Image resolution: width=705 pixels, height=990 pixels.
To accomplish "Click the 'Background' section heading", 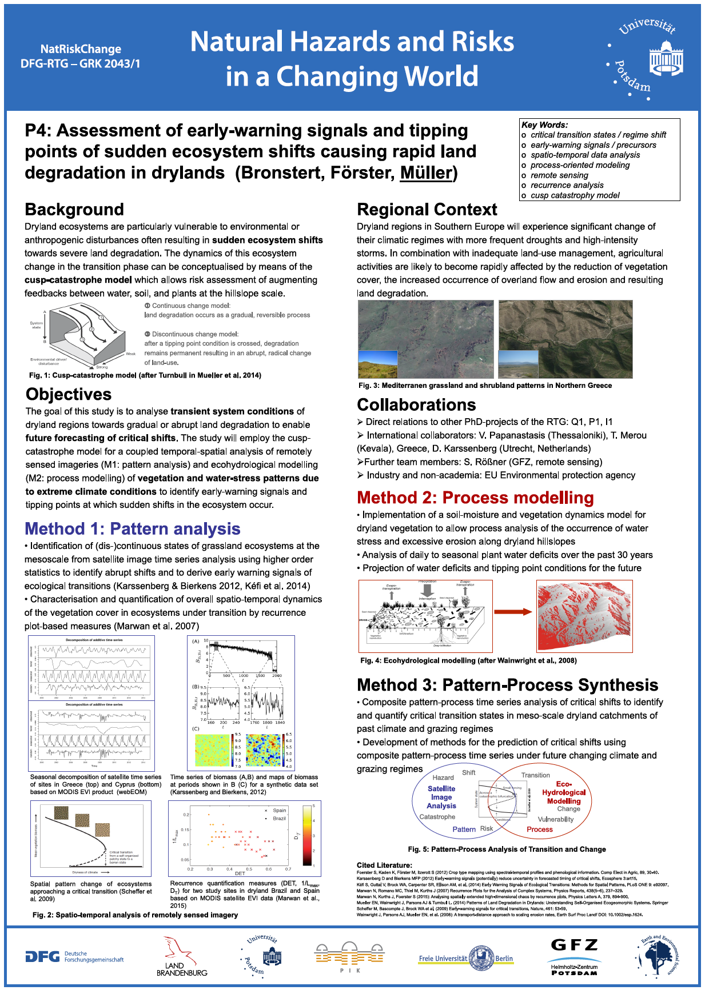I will [74, 210].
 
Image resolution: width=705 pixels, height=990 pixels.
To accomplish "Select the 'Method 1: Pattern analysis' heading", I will [133, 529].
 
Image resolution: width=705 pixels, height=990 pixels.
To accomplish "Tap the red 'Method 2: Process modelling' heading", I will [475, 498].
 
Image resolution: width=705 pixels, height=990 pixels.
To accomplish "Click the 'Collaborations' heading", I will [416, 404].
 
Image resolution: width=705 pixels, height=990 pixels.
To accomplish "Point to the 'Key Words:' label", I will [544, 125].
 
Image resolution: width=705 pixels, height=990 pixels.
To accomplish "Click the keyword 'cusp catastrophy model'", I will [575, 195].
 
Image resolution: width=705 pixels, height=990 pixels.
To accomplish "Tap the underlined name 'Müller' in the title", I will [427, 173].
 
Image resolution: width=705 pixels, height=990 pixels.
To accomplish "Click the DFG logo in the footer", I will [74, 956].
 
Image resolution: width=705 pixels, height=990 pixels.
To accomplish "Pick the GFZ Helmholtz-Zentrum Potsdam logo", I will [574, 957].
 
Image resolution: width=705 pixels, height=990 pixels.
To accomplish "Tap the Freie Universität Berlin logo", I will [465, 958].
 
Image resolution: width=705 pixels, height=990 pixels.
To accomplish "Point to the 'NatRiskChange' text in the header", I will [81, 49].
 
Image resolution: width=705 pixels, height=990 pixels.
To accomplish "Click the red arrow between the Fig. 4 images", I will [513, 612].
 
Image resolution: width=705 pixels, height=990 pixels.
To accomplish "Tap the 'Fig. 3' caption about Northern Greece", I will [485, 386].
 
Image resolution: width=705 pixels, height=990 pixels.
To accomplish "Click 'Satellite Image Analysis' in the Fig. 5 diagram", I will [441, 797].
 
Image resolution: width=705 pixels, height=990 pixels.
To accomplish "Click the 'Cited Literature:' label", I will [384, 865].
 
